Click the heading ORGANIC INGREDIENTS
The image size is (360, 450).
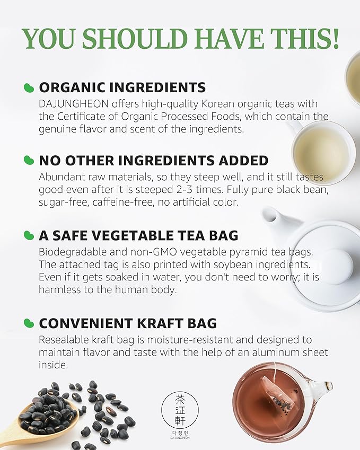[122, 87]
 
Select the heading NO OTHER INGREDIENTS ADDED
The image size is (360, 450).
[154, 161]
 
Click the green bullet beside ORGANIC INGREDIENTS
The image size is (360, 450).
[29, 87]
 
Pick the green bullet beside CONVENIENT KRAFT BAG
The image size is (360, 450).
[29, 323]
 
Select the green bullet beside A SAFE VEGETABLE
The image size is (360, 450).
[29, 235]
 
